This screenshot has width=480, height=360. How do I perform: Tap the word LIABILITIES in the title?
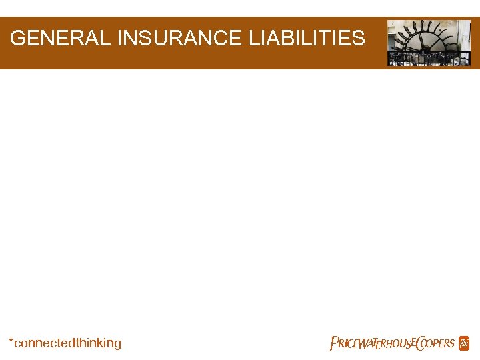point(307,38)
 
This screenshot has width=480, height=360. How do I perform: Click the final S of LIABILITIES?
point(359,38)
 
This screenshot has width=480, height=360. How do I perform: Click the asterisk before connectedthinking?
point(11,341)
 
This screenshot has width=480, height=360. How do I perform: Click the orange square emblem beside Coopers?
point(464,343)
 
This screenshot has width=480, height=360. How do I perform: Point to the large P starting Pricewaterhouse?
point(335,343)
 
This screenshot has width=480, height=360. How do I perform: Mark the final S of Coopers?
point(451,344)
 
